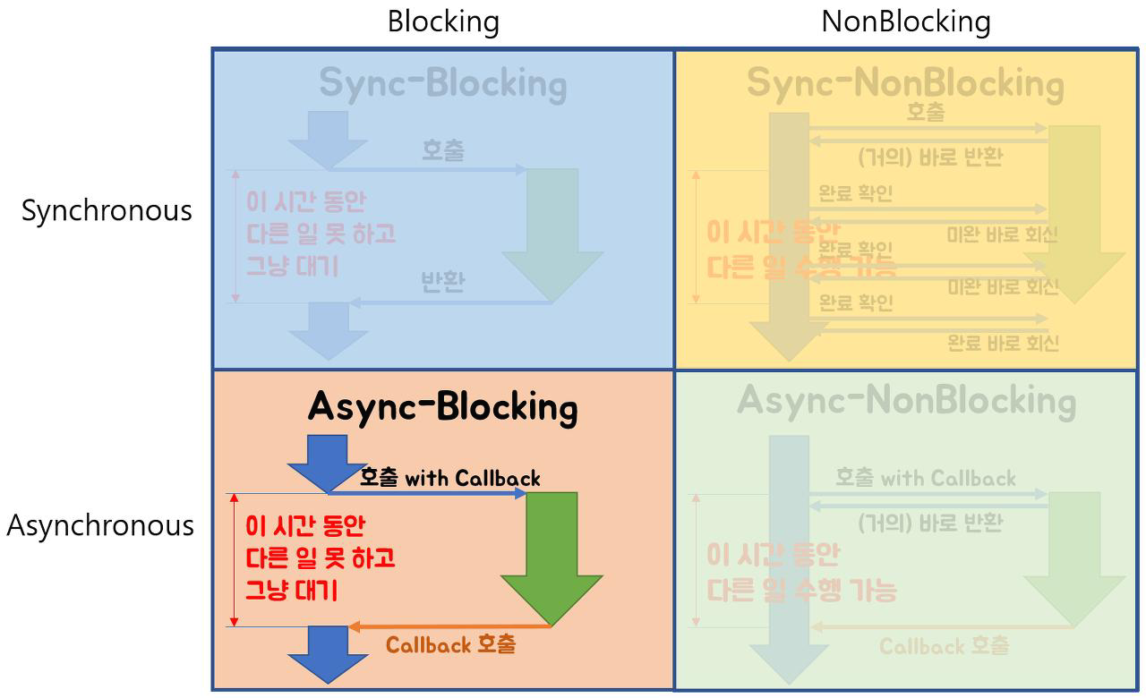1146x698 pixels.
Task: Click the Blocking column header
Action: [443, 21]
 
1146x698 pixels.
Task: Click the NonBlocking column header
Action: [905, 21]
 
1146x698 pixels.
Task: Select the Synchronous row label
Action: [107, 210]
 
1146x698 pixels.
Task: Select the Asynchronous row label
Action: [100, 525]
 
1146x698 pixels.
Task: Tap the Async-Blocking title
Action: [442, 407]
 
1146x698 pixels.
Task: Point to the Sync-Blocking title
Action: [442, 83]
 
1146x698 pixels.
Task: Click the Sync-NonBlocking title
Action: [905, 83]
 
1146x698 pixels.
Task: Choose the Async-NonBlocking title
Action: [906, 401]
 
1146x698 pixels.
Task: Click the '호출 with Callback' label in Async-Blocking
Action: [449, 478]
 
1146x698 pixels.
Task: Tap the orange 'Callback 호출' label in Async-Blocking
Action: [450, 644]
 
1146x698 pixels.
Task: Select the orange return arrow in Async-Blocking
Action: [448, 626]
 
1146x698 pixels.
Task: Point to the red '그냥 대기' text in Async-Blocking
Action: [291, 591]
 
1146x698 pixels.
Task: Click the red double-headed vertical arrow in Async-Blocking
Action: [235, 559]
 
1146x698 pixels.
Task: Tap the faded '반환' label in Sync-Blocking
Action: [443, 283]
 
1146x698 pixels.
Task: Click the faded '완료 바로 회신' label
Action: [1003, 343]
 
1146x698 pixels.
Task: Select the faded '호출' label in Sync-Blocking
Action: [443, 150]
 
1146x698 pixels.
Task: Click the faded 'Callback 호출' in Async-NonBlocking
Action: [944, 646]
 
